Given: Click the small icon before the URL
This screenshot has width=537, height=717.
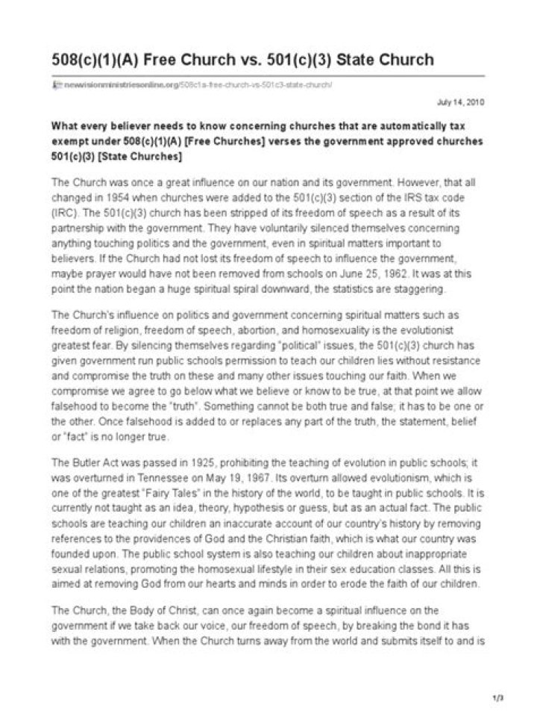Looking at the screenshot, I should point(55,84).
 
